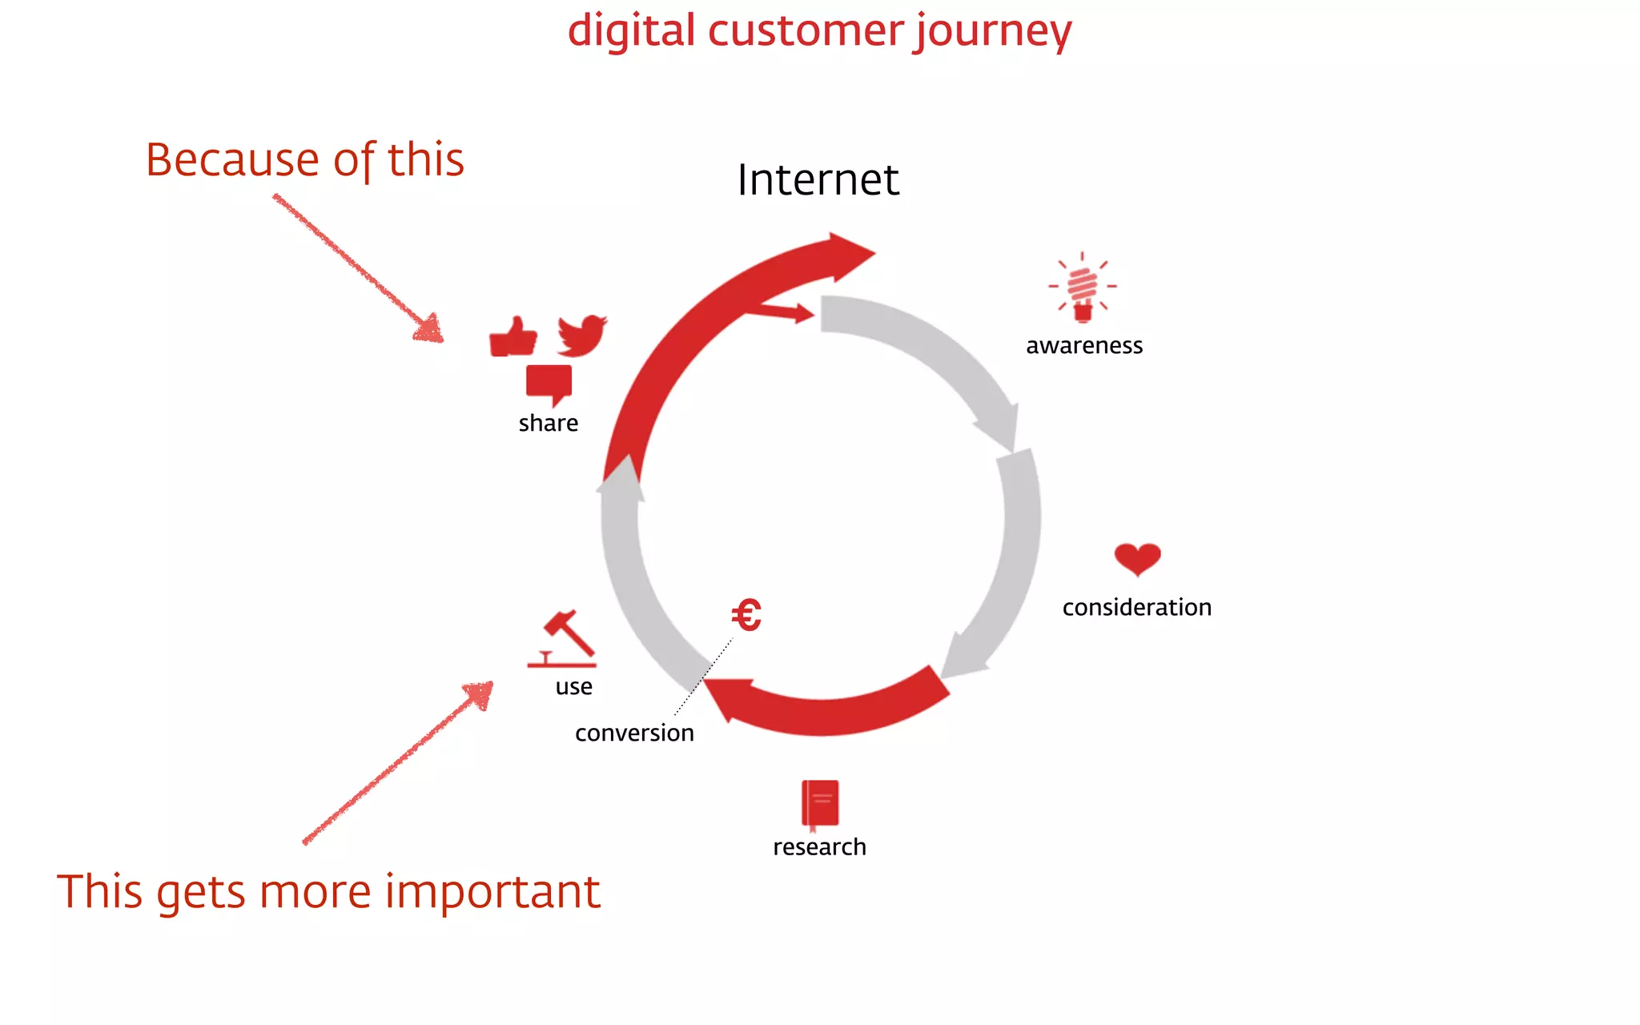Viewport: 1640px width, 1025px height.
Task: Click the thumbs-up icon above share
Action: (x=512, y=337)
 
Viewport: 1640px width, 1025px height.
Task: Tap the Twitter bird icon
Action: (x=582, y=335)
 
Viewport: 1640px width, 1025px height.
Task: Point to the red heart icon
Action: (x=1137, y=558)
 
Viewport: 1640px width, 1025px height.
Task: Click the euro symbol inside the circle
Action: (x=746, y=615)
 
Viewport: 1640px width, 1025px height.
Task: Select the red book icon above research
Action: (x=820, y=803)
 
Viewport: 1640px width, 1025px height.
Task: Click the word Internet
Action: (x=818, y=179)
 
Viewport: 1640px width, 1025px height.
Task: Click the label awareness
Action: (x=1084, y=346)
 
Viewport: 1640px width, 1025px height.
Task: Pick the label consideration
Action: (x=1136, y=608)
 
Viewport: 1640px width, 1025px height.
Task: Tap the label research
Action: (x=819, y=847)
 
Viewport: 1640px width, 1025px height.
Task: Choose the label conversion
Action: (x=634, y=733)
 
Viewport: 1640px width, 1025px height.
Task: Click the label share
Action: (x=548, y=423)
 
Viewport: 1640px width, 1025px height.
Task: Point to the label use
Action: (x=573, y=687)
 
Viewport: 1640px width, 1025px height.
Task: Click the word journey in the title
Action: (x=993, y=32)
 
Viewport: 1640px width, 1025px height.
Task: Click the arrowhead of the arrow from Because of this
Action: (x=430, y=328)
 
